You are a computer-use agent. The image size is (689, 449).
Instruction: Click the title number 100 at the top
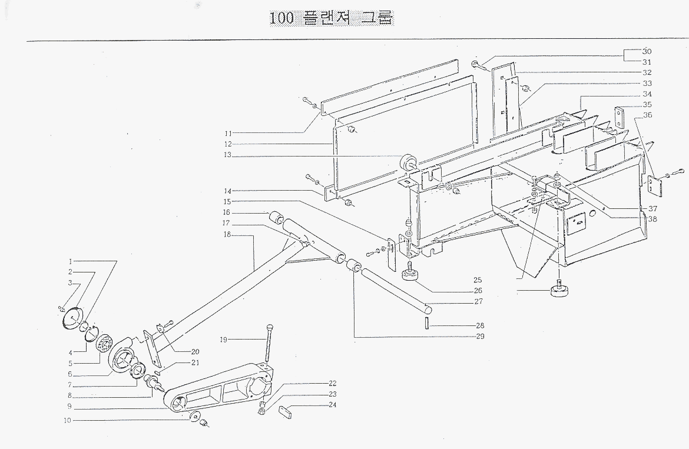pos(281,18)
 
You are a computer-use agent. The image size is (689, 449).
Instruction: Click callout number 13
pos(228,155)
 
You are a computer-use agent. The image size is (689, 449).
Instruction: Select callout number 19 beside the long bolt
pos(224,339)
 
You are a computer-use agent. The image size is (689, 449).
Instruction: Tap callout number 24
pos(333,405)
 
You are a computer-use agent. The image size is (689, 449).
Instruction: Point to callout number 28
pos(480,325)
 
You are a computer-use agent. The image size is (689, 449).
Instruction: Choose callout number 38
pos(652,218)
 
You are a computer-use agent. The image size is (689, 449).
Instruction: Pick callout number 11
pos(228,132)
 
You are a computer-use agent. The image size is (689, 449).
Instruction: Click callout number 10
pos(68,421)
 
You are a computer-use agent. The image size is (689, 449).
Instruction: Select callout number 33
pos(647,84)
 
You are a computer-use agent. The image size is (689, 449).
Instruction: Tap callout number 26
pos(478,290)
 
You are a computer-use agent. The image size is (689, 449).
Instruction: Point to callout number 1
pos(70,261)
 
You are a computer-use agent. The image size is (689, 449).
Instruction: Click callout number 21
pos(195,362)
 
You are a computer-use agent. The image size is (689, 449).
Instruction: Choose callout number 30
pos(647,51)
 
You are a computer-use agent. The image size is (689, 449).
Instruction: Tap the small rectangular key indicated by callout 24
pos(285,410)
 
